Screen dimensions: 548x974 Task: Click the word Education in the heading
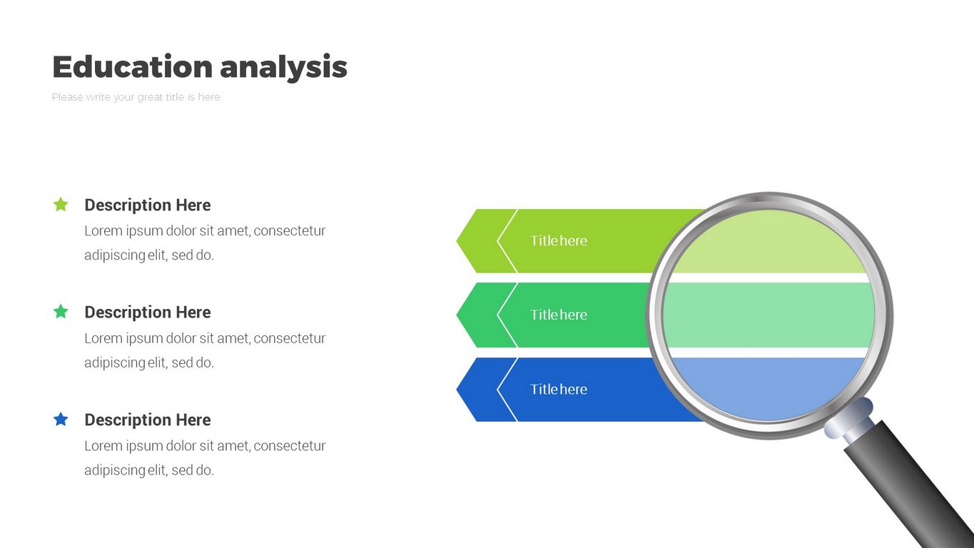[x=132, y=67]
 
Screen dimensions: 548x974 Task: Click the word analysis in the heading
[x=283, y=67]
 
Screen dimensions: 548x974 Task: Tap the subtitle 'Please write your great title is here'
[x=136, y=97]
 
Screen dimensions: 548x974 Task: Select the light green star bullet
[x=61, y=205]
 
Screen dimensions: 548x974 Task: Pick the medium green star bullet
[x=61, y=312]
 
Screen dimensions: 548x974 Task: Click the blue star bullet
[x=61, y=420]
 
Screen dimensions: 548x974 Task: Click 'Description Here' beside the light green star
[x=148, y=205]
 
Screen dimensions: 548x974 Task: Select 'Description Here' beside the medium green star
[x=148, y=313]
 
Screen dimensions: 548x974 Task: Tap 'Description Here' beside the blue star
[x=148, y=420]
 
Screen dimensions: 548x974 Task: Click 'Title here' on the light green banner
[x=559, y=241]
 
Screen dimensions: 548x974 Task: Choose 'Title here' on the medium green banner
[x=559, y=315]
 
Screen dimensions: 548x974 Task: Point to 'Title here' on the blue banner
[x=559, y=390]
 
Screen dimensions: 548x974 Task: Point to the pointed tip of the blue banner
[x=459, y=390]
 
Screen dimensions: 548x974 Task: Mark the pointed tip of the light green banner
[x=459, y=241]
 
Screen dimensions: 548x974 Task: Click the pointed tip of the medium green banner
[x=459, y=315]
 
